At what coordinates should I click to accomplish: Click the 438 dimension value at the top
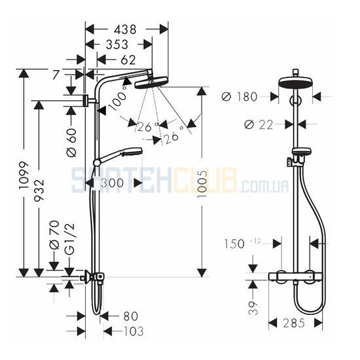125,29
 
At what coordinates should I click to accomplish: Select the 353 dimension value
117,45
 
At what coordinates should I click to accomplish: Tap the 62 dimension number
128,60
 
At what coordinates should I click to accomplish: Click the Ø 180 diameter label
240,97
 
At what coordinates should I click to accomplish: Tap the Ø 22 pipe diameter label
259,124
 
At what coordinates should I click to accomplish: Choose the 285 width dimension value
294,323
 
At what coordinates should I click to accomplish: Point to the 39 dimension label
253,308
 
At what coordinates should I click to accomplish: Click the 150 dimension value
234,243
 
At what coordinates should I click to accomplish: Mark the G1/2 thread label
70,239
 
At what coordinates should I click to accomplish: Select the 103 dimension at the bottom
134,331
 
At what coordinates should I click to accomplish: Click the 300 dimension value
113,183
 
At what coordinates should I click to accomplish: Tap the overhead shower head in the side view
151,82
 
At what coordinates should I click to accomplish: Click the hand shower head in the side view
133,152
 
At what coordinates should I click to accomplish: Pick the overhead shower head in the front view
296,82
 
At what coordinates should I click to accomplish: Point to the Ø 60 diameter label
72,142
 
